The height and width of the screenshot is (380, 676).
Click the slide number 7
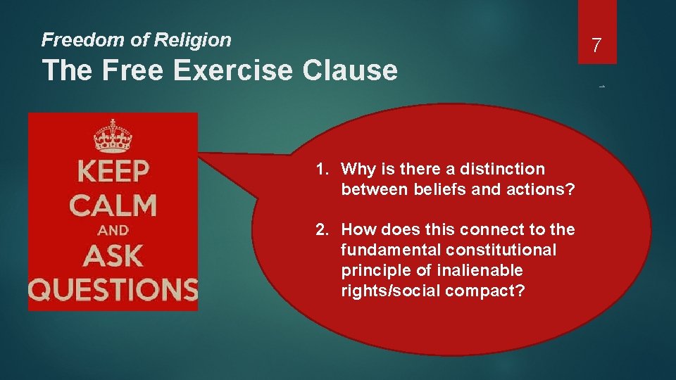[x=596, y=46]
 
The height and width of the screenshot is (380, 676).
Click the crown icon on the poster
[x=113, y=137]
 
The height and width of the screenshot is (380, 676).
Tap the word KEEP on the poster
[x=113, y=172]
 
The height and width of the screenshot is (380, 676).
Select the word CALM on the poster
[x=113, y=205]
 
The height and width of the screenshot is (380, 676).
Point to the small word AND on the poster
[x=113, y=230]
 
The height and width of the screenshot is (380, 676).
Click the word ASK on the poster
[x=113, y=255]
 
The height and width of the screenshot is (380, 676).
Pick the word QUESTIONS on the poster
[x=113, y=289]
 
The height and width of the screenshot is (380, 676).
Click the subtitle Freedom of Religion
[x=136, y=40]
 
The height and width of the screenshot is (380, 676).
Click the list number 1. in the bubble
[x=323, y=169]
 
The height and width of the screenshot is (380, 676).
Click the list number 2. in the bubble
[x=323, y=229]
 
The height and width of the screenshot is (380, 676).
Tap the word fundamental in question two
[x=383, y=250]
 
